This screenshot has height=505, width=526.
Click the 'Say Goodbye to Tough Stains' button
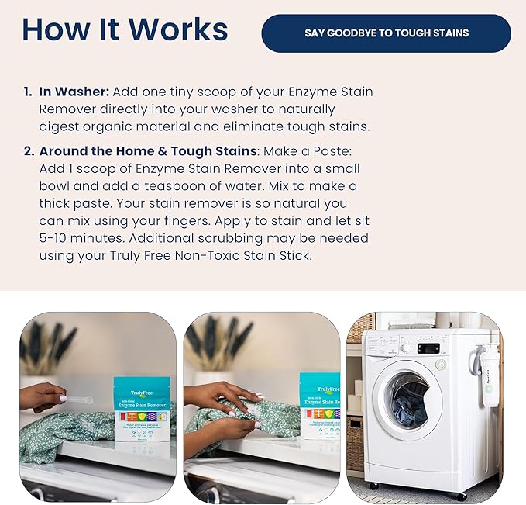point(386,33)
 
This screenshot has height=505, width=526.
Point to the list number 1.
point(28,92)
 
